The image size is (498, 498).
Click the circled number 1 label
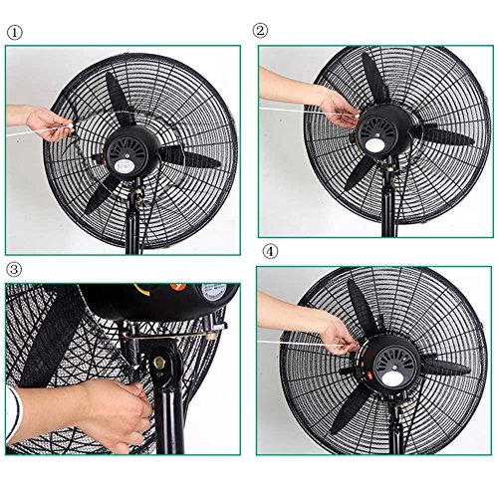(x=15, y=33)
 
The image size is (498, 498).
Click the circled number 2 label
(x=260, y=31)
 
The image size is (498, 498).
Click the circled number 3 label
(x=14, y=269)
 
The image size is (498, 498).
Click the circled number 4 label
(x=271, y=251)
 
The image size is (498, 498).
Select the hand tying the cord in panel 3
(x=112, y=415)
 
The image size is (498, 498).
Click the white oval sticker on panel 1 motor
(x=123, y=166)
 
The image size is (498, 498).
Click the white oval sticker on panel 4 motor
(x=391, y=377)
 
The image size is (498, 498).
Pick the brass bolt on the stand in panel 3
(x=159, y=363)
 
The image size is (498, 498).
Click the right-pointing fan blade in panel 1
(x=191, y=158)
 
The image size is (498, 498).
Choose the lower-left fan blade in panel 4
(x=351, y=411)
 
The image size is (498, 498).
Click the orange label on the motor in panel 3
(x=175, y=288)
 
